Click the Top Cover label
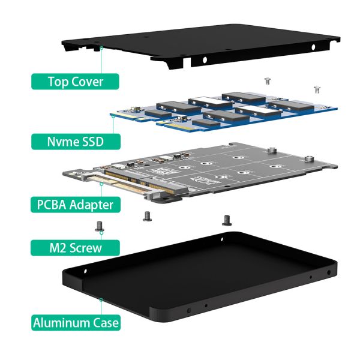(x=76, y=81)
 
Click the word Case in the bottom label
(x=105, y=323)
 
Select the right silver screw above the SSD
(x=316, y=89)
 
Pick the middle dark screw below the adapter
(x=146, y=216)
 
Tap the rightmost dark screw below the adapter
(x=226, y=220)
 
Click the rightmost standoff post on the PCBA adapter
(x=310, y=160)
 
